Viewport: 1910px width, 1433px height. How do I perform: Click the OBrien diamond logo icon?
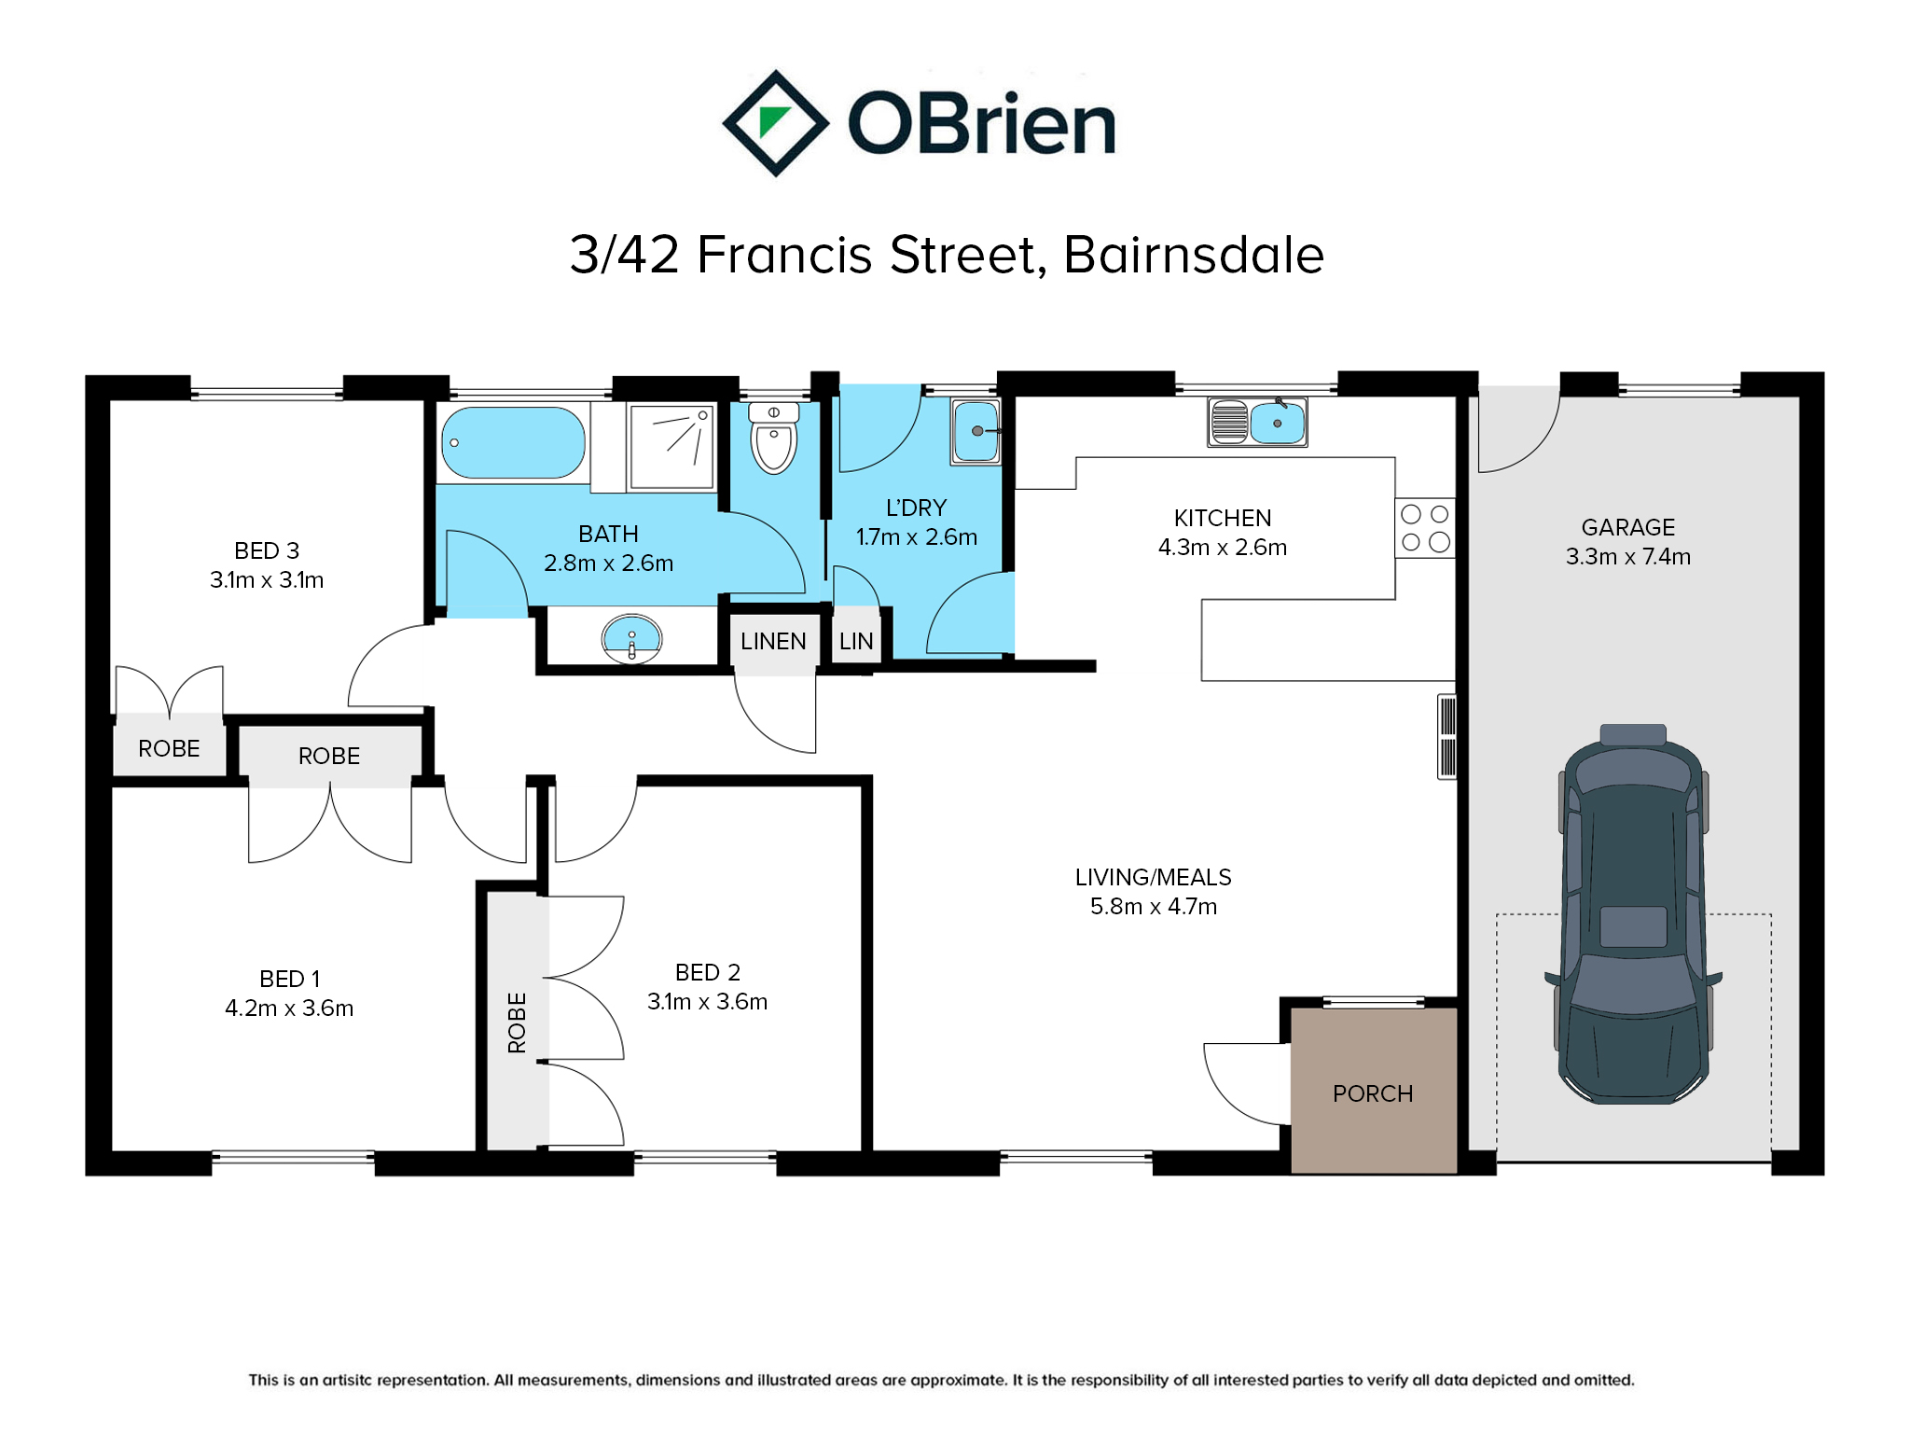point(775,123)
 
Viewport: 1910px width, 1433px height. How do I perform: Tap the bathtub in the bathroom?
point(513,443)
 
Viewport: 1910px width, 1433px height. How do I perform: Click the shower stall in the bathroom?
point(671,446)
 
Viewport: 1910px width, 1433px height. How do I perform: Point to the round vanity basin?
point(631,638)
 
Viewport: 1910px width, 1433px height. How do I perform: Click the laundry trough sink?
point(976,431)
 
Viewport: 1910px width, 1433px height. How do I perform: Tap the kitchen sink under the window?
point(1257,423)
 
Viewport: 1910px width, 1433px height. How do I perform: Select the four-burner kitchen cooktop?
point(1425,528)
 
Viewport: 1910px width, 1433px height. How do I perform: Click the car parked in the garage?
point(1633,914)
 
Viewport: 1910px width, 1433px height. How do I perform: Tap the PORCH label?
point(1373,1093)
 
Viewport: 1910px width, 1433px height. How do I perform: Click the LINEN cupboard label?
point(773,641)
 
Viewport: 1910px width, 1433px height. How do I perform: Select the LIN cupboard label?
point(856,641)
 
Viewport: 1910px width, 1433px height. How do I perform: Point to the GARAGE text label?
point(1628,527)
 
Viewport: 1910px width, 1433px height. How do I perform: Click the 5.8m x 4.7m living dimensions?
point(1154,906)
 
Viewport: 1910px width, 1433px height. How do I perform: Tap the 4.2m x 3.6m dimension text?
point(289,1008)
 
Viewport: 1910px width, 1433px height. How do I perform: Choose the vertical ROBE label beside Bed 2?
point(517,1023)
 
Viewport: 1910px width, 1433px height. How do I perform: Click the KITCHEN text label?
point(1223,518)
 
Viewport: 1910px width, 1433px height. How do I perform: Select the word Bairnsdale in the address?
point(1194,255)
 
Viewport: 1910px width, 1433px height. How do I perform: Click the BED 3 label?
point(267,550)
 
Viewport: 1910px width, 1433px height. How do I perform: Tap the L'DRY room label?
point(917,508)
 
